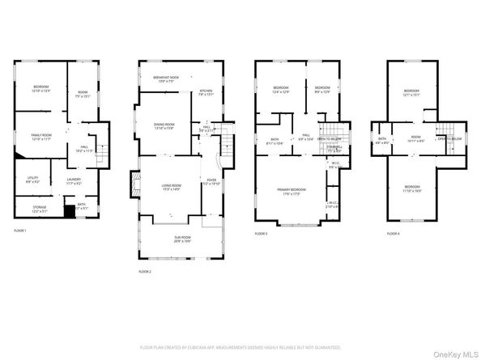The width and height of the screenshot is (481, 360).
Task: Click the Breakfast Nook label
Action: click(165, 79)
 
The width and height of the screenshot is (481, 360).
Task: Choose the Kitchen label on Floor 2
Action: click(206, 92)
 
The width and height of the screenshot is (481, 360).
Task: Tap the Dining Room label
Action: click(164, 126)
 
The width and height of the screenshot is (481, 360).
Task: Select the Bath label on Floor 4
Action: click(382, 140)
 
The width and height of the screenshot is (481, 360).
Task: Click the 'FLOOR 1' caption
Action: click(20, 231)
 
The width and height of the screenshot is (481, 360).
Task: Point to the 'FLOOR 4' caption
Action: click(393, 233)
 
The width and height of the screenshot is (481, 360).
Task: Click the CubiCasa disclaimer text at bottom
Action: click(240, 346)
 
